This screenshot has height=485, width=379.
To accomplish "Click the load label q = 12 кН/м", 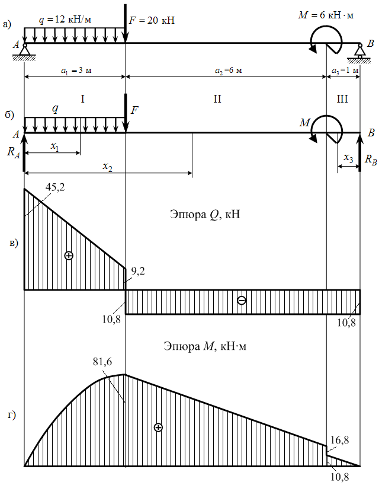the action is pos(65,20).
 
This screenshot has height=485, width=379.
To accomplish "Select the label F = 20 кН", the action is pos(152,20).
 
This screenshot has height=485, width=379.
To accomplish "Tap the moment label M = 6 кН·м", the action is pos(326,15).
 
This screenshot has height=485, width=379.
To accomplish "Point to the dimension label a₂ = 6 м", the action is pos(228,71).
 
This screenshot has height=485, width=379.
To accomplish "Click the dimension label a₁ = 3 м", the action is pos(76,71).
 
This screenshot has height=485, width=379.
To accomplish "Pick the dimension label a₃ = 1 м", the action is pos(345,71).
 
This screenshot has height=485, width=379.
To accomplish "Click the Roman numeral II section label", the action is pos(217,99).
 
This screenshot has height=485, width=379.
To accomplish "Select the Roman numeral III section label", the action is pos(342,99).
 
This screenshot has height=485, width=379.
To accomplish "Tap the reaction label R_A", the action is pos(13,152).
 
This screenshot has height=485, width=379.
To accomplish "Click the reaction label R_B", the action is pos(371,159).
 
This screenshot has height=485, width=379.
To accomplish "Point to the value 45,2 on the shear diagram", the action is pos(55,187).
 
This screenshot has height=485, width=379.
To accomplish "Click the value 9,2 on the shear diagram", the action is pos(138,272).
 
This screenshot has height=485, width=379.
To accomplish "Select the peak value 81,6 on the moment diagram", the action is pos(102,362).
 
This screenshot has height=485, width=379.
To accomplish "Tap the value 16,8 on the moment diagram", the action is pos(339,440).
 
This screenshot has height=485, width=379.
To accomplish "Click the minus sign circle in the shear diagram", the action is pos(242,301).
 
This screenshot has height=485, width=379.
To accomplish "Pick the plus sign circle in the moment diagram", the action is pos(158,427).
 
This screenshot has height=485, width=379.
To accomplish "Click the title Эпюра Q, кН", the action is pos(205,215).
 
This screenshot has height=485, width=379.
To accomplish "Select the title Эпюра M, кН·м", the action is pos(205,346).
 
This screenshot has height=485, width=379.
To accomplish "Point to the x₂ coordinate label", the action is pos(108,167).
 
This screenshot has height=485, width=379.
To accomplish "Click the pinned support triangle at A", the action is pos(24,50).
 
